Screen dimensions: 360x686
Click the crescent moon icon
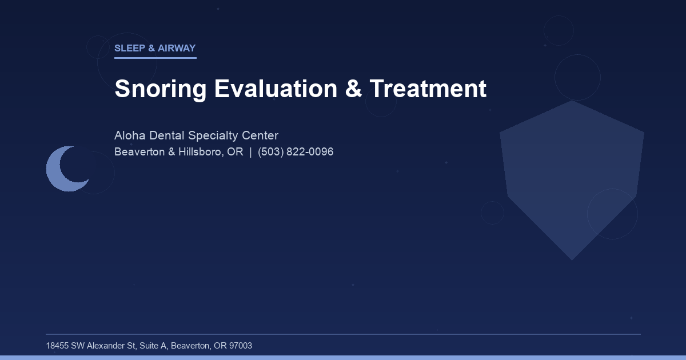(x=63, y=169)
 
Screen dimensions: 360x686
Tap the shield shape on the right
(x=572, y=177)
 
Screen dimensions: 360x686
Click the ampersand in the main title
(x=353, y=89)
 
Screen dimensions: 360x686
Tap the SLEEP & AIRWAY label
(x=155, y=49)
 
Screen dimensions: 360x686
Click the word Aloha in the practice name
(x=130, y=136)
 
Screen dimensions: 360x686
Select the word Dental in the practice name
(x=167, y=136)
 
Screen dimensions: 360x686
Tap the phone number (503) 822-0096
(x=296, y=152)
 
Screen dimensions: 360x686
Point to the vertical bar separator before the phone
(x=250, y=152)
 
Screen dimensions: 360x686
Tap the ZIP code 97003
(x=240, y=346)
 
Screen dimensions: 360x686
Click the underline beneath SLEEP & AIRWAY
(x=155, y=58)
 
